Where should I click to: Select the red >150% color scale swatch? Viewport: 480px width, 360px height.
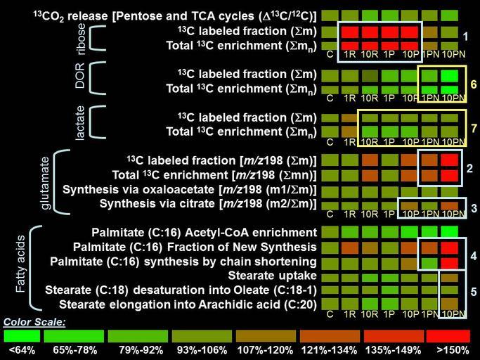[452, 336]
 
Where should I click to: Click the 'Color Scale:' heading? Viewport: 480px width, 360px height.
[35, 322]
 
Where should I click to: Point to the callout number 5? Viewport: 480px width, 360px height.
[474, 290]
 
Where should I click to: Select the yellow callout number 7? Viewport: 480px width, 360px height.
[474, 129]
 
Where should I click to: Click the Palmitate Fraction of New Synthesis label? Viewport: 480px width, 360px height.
[195, 247]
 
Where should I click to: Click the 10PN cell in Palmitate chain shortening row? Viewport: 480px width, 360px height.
[450, 262]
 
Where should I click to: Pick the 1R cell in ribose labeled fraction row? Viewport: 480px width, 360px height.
[349, 32]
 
